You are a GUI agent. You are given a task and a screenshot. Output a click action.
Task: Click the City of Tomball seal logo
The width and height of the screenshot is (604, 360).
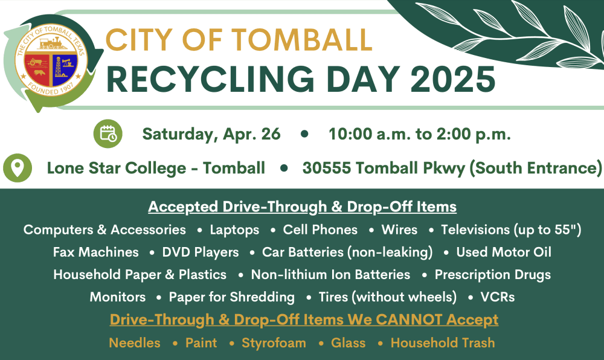(x=51, y=61)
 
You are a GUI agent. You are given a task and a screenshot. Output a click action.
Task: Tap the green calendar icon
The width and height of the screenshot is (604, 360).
(x=108, y=133)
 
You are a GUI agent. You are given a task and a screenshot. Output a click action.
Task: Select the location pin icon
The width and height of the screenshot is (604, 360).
(x=18, y=168)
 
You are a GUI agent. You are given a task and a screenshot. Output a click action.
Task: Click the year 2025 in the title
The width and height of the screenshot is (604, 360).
(x=452, y=79)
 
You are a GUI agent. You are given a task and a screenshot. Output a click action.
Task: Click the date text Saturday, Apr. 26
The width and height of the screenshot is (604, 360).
(x=211, y=134)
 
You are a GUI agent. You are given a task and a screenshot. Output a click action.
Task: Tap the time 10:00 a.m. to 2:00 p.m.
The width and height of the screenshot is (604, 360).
(x=420, y=134)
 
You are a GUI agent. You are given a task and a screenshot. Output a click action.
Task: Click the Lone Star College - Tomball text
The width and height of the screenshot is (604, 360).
(x=156, y=169)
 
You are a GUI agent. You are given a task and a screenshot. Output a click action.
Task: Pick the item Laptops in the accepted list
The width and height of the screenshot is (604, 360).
(x=234, y=230)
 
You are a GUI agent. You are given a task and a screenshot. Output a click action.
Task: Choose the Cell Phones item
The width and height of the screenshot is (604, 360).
(x=320, y=230)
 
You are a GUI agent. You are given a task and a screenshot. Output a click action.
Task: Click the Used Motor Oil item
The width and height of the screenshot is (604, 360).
(x=504, y=252)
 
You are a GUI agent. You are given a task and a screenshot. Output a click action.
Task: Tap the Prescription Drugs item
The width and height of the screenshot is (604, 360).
(x=493, y=274)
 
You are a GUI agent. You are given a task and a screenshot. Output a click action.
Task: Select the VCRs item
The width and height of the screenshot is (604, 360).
(x=497, y=297)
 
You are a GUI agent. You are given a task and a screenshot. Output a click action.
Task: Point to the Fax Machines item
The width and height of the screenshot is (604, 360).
(x=96, y=252)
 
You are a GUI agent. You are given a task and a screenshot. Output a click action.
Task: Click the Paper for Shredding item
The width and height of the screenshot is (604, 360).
(x=232, y=297)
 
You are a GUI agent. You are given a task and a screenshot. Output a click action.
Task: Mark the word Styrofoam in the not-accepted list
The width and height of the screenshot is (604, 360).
(x=274, y=342)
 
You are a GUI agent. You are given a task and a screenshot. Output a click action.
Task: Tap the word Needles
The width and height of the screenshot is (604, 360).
(x=135, y=342)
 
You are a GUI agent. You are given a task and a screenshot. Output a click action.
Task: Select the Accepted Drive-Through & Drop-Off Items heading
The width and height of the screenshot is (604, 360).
(x=303, y=207)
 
